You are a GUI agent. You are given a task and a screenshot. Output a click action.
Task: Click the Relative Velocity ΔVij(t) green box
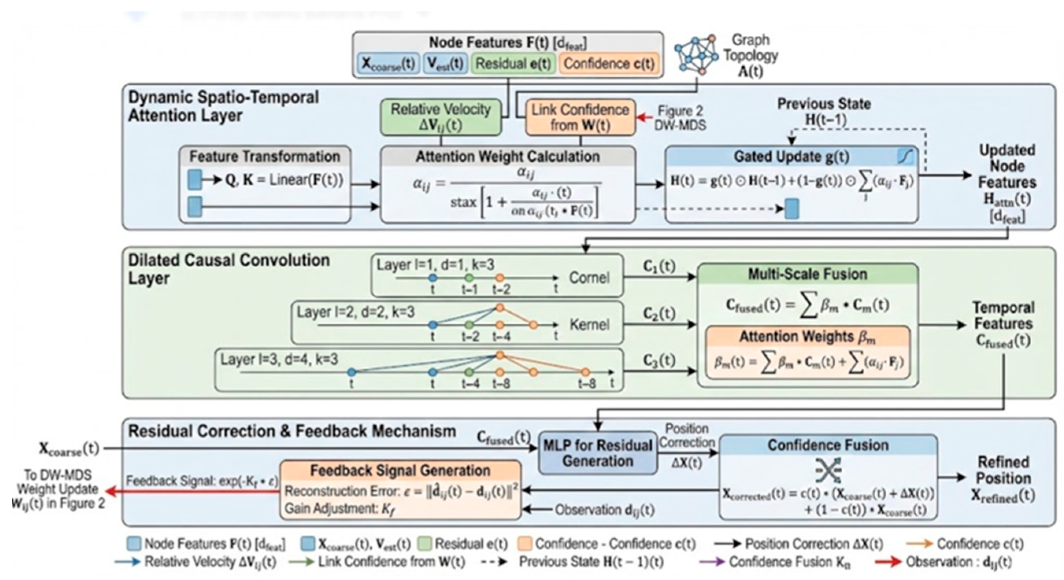click(x=441, y=117)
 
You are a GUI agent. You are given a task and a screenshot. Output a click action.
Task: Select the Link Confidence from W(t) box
click(x=580, y=118)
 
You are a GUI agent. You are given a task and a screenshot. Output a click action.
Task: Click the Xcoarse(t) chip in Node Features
click(x=388, y=64)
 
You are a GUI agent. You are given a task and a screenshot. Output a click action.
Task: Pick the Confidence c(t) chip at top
click(x=609, y=64)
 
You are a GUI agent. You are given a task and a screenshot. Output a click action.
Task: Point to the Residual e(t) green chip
click(x=513, y=64)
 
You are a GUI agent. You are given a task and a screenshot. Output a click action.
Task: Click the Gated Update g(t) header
click(x=791, y=157)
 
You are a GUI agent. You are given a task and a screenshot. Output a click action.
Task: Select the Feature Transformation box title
click(x=265, y=157)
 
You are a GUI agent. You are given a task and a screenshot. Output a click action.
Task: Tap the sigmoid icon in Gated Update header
click(x=905, y=157)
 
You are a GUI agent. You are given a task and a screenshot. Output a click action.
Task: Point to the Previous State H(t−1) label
click(x=824, y=111)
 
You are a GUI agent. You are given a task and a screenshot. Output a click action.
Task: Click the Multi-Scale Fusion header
click(x=808, y=275)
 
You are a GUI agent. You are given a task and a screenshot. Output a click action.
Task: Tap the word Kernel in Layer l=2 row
click(x=589, y=325)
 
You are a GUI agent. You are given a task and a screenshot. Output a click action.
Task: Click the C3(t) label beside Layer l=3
click(x=659, y=360)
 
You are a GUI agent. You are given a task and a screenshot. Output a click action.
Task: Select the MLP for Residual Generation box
click(x=598, y=453)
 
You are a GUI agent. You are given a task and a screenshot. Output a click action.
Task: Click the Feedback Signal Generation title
click(x=400, y=471)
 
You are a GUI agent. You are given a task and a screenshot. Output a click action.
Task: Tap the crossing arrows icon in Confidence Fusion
click(x=828, y=469)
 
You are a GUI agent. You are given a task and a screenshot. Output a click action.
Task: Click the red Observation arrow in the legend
click(x=888, y=562)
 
